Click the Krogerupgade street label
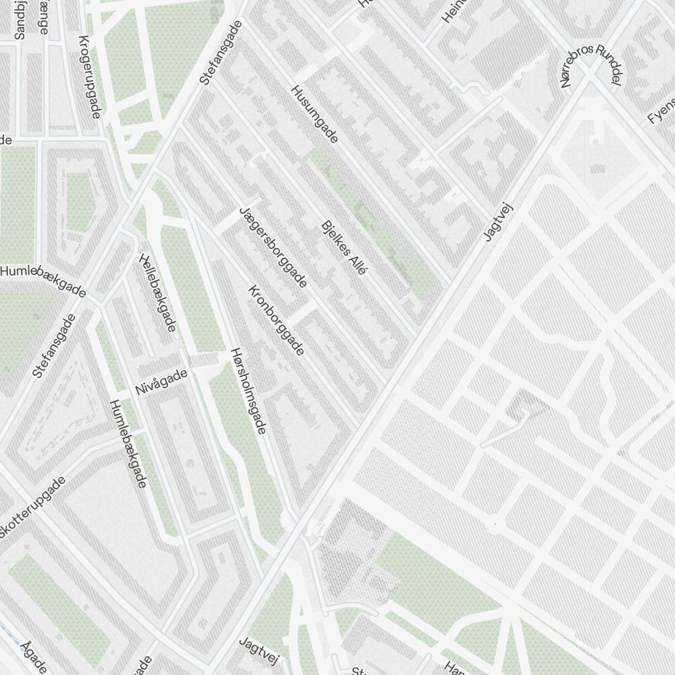click(90, 76)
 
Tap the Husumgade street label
click(314, 113)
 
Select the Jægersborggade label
click(273, 248)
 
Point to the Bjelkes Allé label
click(344, 247)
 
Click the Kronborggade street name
click(277, 320)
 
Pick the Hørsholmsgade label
click(248, 390)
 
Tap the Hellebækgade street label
click(157, 292)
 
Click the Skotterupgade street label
click(32, 508)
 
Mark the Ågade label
click(34, 657)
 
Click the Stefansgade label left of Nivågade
click(54, 345)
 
